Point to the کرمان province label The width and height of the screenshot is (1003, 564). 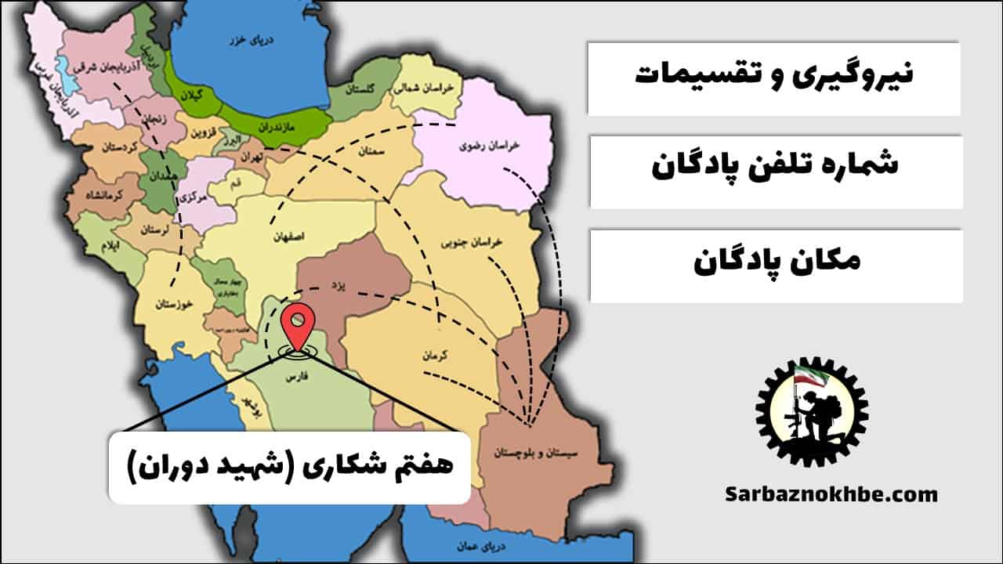pos(433,355)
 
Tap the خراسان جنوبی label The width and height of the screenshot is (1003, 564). pos(505,244)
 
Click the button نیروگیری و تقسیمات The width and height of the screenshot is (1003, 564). pos(773,78)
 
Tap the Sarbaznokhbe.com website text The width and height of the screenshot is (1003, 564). pos(831,494)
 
